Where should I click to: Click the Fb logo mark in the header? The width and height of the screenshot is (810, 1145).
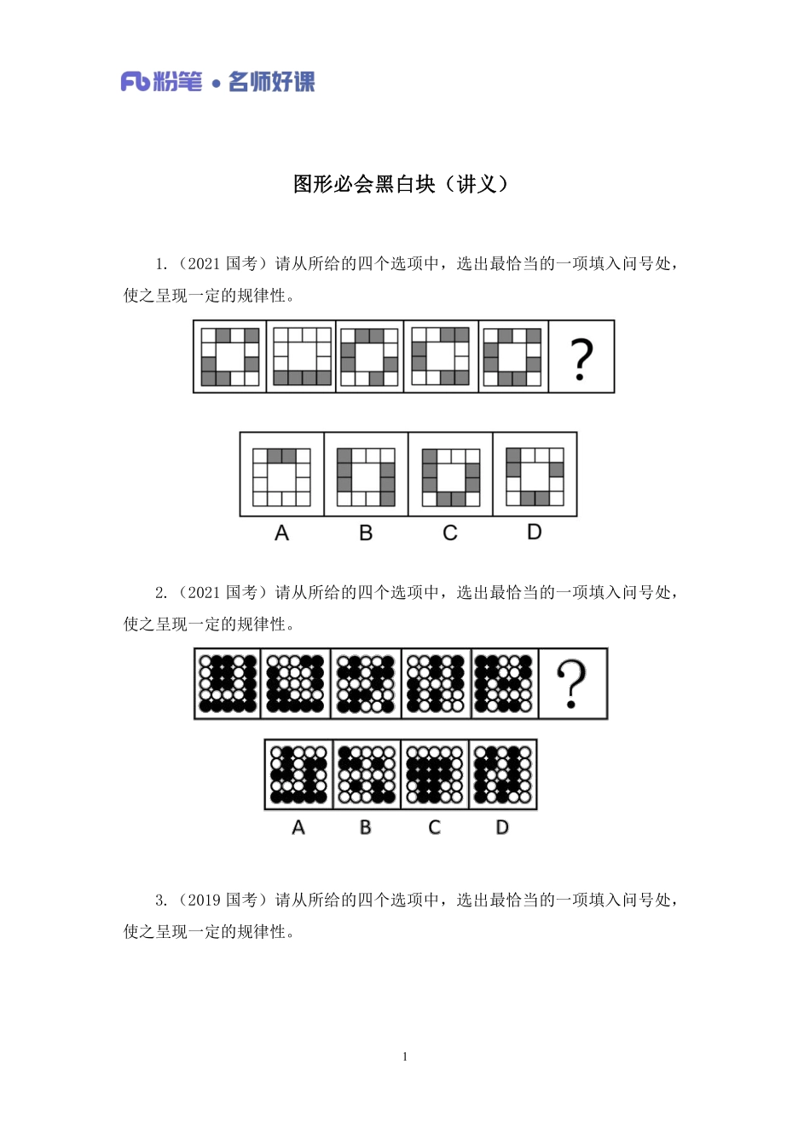click(136, 82)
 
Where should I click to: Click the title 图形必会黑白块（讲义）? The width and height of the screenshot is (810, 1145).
click(401, 184)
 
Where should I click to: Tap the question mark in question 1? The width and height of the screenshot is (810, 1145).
click(581, 359)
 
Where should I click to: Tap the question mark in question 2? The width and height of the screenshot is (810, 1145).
click(572, 685)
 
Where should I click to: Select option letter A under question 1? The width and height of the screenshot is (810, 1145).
click(282, 533)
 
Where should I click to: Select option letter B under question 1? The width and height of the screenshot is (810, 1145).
click(366, 533)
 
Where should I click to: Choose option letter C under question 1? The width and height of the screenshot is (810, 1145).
click(450, 533)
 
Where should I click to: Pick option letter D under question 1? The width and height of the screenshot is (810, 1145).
click(535, 532)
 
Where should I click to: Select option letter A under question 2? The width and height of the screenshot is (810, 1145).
click(298, 827)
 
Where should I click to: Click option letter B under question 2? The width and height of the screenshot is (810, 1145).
click(366, 827)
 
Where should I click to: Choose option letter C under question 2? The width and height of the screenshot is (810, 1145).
click(435, 827)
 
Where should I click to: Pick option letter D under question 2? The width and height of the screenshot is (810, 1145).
click(502, 827)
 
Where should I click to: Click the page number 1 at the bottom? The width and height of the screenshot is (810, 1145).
click(405, 1057)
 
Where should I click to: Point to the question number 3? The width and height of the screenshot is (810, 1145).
click(159, 900)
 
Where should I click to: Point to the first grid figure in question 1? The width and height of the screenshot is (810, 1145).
click(230, 357)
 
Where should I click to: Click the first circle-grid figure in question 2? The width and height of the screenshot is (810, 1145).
click(228, 683)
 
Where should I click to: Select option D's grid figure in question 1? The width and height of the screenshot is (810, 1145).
click(535, 475)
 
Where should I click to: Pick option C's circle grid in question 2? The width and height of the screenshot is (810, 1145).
click(435, 774)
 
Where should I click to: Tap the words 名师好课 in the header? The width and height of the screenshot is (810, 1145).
click(272, 82)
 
